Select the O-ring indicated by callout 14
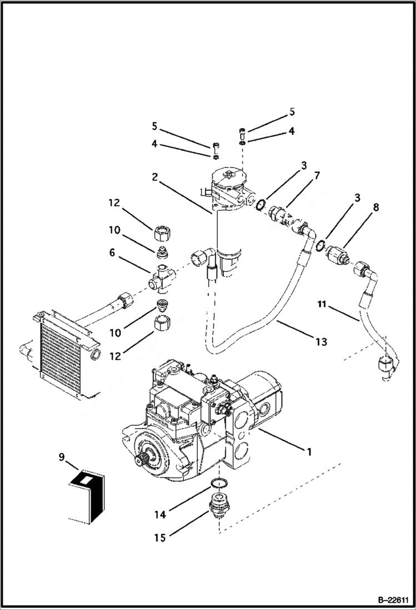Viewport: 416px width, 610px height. coord(220,482)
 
